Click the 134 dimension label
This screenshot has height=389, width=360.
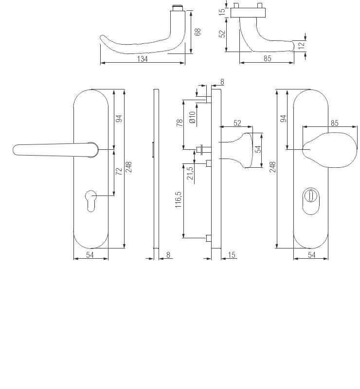[x=142, y=59]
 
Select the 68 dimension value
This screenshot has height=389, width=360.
[x=198, y=32]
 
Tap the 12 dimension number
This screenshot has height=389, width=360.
[x=301, y=45]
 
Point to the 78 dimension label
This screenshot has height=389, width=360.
[x=180, y=123]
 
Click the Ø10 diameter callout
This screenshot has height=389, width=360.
[x=193, y=117]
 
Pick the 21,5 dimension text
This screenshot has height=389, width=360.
[x=190, y=173]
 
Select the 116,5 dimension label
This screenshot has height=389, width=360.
[x=179, y=200]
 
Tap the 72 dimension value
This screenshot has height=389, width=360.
[x=119, y=171]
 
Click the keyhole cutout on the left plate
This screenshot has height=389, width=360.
[x=90, y=201]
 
